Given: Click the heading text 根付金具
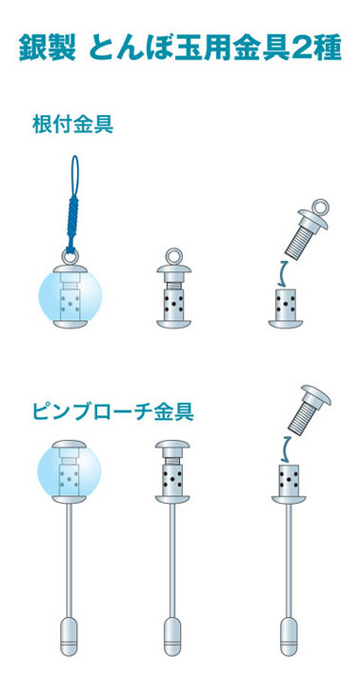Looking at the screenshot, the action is [x=73, y=126].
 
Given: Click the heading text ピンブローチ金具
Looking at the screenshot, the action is [x=113, y=412].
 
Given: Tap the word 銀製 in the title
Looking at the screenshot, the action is [x=46, y=49].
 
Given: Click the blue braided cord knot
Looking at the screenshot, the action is [x=73, y=221].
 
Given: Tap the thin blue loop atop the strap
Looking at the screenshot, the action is [x=75, y=174].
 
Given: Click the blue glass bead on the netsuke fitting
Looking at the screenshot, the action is [x=71, y=295].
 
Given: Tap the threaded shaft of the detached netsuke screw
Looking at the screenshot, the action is [x=299, y=243].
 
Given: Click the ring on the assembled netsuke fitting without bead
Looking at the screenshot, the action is [x=173, y=257].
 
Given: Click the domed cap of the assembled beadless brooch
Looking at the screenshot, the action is [x=172, y=445].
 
